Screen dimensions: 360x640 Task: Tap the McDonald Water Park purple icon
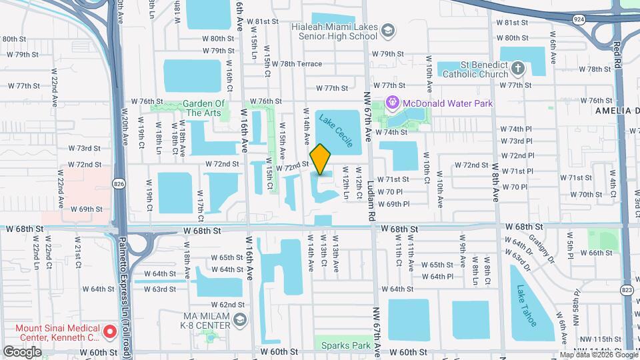[x=393, y=103]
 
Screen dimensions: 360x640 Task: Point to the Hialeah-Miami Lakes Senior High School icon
[x=389, y=30]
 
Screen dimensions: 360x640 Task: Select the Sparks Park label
[x=345, y=345]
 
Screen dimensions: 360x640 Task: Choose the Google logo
[x=23, y=351]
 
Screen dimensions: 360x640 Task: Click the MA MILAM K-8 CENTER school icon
[x=237, y=321]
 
